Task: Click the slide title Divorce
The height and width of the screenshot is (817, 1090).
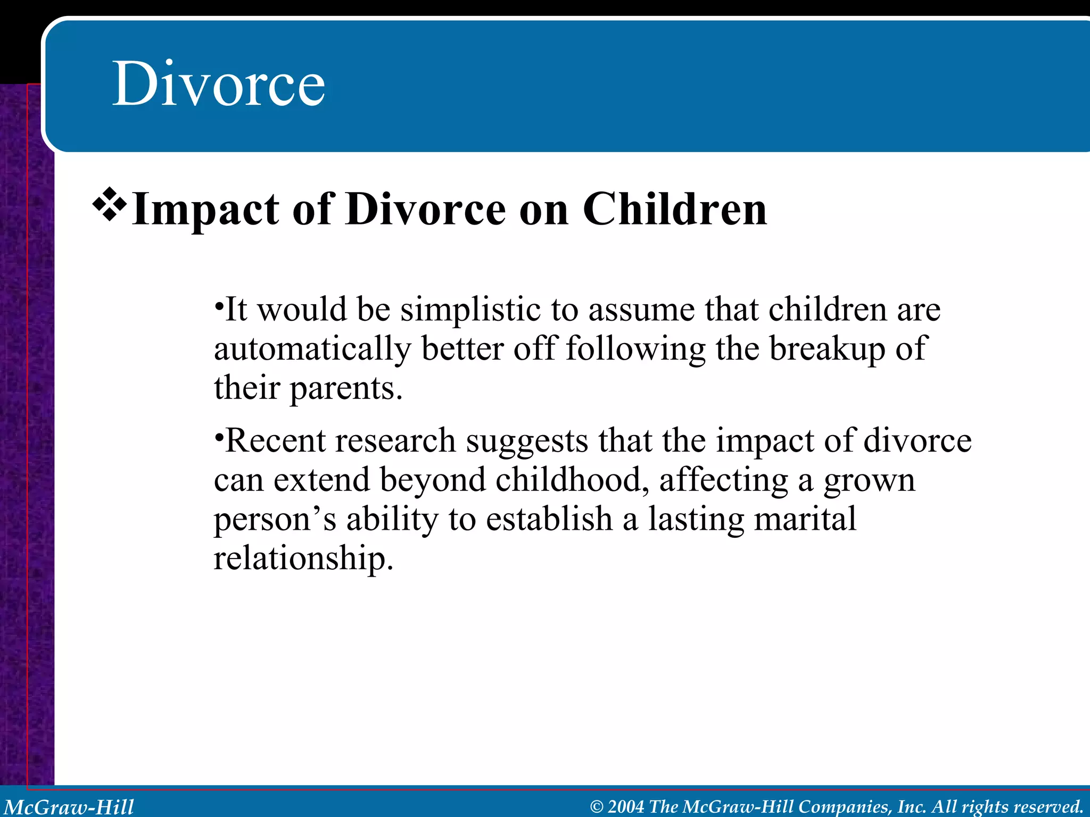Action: (x=218, y=84)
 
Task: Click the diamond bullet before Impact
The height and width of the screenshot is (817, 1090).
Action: (x=110, y=204)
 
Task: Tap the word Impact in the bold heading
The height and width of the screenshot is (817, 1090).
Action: (x=205, y=210)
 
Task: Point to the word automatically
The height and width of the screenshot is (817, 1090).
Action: (x=312, y=350)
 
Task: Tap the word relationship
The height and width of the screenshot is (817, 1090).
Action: (x=303, y=559)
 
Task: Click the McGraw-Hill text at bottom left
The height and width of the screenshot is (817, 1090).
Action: (x=69, y=807)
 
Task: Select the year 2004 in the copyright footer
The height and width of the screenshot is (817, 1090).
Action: (x=626, y=807)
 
